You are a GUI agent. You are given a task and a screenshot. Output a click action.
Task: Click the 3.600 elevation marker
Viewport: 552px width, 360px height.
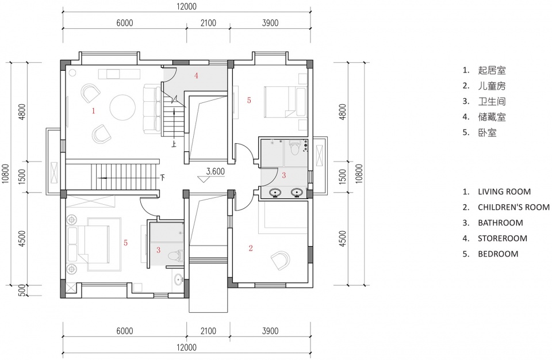coord(215,171)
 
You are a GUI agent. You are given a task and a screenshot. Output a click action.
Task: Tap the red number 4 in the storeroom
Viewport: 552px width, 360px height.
coord(196,75)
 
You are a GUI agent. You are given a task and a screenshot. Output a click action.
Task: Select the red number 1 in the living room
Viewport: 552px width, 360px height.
coord(93,111)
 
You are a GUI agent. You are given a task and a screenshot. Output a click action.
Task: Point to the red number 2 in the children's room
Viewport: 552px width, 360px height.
coord(251,248)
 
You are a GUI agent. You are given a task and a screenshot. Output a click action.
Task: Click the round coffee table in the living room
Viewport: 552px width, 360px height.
coord(122,108)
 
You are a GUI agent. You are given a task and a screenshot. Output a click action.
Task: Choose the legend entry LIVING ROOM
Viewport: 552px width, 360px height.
coord(504,192)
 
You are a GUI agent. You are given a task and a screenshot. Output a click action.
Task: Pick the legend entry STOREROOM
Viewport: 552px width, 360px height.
coord(503,239)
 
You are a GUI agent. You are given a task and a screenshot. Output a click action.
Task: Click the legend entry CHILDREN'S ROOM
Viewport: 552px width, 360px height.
coord(513,207)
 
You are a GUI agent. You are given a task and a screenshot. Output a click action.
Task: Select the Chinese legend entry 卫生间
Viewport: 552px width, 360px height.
coord(492,101)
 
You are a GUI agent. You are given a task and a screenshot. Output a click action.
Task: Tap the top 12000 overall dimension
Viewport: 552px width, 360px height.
coord(186,7)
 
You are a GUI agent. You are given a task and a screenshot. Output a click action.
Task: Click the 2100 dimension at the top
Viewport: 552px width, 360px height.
coord(208,23)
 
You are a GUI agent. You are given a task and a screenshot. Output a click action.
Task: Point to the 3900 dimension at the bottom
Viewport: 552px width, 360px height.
coord(270,331)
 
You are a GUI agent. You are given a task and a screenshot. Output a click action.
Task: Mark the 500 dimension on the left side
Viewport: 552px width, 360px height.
coord(21,290)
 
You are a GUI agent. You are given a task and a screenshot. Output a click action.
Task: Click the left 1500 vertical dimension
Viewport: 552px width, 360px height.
coord(22,177)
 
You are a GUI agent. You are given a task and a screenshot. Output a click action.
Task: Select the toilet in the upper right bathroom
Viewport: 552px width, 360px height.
coord(294,147)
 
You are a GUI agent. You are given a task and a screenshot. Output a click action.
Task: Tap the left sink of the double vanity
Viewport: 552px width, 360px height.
coord(275,193)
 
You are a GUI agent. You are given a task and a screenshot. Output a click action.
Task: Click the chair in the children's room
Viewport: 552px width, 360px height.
coord(281,261)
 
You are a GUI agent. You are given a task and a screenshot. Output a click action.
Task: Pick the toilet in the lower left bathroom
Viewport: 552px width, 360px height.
coord(176,255)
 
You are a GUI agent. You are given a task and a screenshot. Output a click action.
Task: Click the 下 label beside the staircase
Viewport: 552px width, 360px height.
coord(162,177)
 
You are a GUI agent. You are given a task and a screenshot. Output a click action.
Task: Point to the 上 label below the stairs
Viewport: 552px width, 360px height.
coord(174,144)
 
